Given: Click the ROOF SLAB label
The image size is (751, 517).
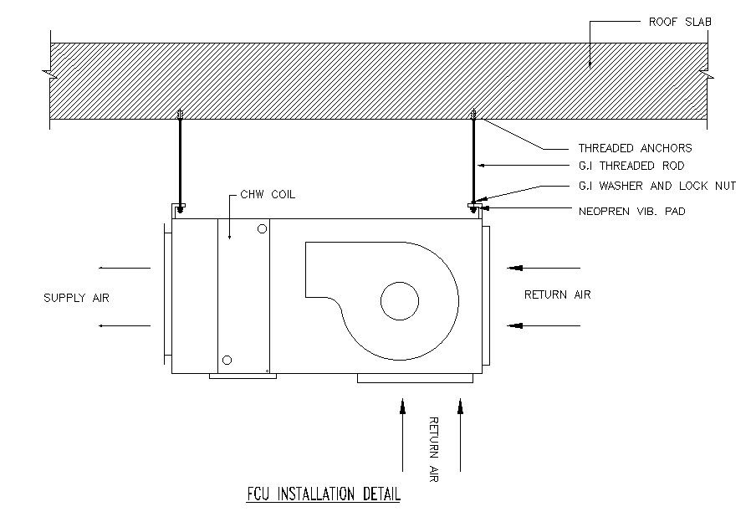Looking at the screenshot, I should pyautogui.click(x=680, y=22).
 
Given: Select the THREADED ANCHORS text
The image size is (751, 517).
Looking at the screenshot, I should pyautogui.click(x=635, y=148).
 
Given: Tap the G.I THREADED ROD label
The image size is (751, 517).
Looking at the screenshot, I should pyautogui.click(x=631, y=166).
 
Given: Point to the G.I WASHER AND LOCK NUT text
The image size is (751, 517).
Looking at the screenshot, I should pyautogui.click(x=656, y=186).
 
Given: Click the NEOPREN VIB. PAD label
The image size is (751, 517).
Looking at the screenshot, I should pyautogui.click(x=632, y=212).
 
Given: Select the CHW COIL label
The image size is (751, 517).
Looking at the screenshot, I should pyautogui.click(x=267, y=194).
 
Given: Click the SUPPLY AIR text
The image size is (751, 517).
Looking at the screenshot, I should pyautogui.click(x=76, y=297).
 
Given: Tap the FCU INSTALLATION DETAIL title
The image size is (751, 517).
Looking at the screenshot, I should pyautogui.click(x=324, y=494).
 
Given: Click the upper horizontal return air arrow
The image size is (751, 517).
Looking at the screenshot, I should pyautogui.click(x=544, y=268).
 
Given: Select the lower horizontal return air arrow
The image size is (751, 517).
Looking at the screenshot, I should pyautogui.click(x=544, y=324).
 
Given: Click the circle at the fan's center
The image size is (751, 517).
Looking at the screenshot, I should pyautogui.click(x=400, y=301).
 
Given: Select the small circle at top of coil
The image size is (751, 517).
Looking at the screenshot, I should pyautogui.click(x=263, y=228).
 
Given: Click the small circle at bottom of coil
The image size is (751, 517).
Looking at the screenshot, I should pyautogui.click(x=227, y=361).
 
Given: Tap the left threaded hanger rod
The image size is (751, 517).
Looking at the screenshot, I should pyautogui.click(x=180, y=161).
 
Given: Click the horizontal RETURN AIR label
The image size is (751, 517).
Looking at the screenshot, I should pyautogui.click(x=557, y=294).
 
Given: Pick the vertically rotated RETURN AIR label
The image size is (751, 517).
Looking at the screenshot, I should pyautogui.click(x=433, y=448).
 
